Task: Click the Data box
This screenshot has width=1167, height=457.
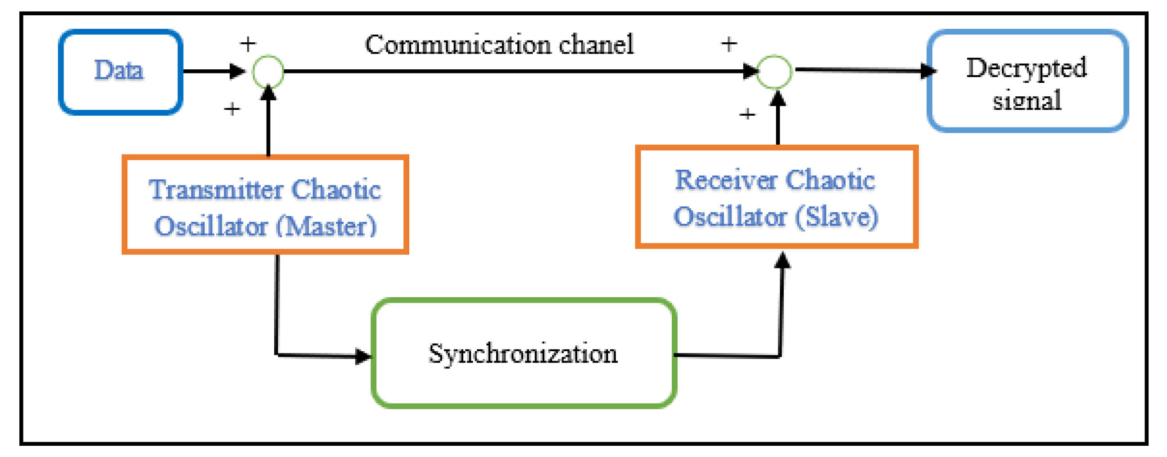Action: point(120,72)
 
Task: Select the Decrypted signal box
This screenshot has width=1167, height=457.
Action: point(1027,81)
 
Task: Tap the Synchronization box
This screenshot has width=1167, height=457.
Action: point(523,354)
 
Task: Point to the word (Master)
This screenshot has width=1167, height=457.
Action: point(326,226)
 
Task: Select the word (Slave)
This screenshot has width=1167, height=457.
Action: point(836,217)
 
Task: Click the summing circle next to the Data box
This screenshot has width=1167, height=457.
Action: point(268,72)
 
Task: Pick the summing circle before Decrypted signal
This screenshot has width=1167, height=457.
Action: point(775,72)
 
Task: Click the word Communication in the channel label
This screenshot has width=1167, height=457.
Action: point(458,45)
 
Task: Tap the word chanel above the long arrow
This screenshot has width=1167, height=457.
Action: point(596,45)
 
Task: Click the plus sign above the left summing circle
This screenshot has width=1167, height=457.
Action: point(248,44)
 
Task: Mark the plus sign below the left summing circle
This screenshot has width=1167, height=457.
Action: point(232,109)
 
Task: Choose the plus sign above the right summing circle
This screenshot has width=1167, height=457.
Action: point(729,44)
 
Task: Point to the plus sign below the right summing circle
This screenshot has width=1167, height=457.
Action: point(747,113)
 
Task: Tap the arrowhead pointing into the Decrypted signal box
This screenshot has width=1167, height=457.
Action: point(928,71)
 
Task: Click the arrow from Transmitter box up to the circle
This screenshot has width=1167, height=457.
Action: point(269,122)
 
